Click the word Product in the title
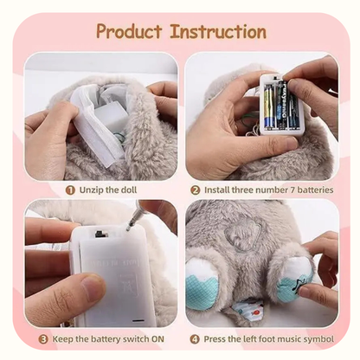129,31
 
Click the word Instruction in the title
218,31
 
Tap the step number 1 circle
70,190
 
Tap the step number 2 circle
196,190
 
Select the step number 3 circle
43,339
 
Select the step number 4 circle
195,339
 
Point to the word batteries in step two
315,190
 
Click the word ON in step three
157,339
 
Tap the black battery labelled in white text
281,105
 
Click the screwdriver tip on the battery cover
128,228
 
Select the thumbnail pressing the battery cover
93,287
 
